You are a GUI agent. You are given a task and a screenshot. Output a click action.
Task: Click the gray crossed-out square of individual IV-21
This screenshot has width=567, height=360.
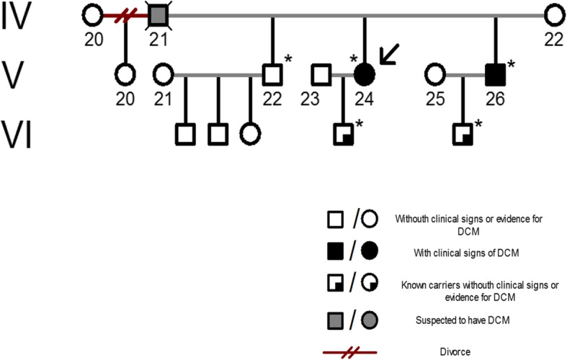pos(159,14)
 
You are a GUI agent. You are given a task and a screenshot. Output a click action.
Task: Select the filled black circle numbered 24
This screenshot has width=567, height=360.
pos(365,73)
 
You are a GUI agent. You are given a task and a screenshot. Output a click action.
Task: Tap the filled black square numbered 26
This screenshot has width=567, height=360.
pos(495,73)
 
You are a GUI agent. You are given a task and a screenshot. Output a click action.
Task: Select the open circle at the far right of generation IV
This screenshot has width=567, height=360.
pos(553,14)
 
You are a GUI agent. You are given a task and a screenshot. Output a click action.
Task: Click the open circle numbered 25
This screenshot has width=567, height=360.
pos(435,73)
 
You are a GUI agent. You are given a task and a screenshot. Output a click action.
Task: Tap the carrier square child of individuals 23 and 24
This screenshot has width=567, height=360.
pos(343,133)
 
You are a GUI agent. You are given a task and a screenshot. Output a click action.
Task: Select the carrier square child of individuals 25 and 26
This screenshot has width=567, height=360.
pos(462,133)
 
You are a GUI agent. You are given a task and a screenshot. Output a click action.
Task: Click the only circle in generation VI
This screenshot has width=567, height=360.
pos(250,133)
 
